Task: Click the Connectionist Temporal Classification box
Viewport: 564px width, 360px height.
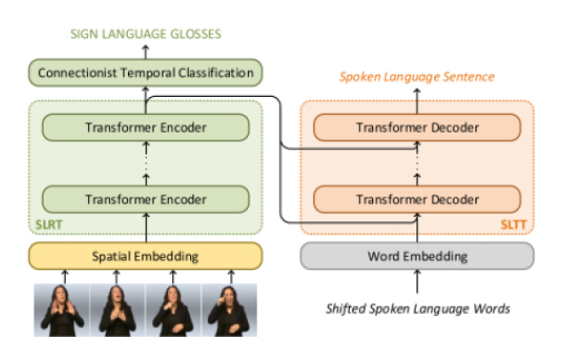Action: pos(146,73)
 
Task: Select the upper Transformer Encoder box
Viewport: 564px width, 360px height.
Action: pos(146,127)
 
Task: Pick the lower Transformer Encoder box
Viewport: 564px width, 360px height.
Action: pos(146,199)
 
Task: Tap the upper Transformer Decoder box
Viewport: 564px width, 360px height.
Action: pos(417,127)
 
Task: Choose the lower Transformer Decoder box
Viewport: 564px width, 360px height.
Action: pos(417,199)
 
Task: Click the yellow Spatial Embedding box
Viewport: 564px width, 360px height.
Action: pos(146,256)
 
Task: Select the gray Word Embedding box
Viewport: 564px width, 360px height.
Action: pos(417,256)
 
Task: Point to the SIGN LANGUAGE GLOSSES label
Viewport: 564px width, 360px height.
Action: pos(146,34)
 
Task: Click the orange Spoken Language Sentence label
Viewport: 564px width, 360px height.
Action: pos(417,76)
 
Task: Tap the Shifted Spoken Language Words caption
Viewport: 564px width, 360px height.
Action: pos(418,308)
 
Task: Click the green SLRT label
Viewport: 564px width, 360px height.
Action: pos(49,225)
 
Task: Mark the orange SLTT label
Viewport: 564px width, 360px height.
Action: pos(513,225)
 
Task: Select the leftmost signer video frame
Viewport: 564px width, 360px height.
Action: pos(61,310)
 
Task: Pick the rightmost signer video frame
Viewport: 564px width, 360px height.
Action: pos(229,310)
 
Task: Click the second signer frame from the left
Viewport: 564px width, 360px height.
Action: pos(117,310)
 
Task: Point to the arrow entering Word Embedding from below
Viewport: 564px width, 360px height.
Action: pos(417,282)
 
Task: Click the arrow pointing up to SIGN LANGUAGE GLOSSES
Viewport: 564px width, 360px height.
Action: pos(146,52)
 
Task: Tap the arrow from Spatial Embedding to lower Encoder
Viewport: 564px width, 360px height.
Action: pos(146,228)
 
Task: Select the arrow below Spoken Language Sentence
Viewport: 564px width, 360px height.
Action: pos(417,101)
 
